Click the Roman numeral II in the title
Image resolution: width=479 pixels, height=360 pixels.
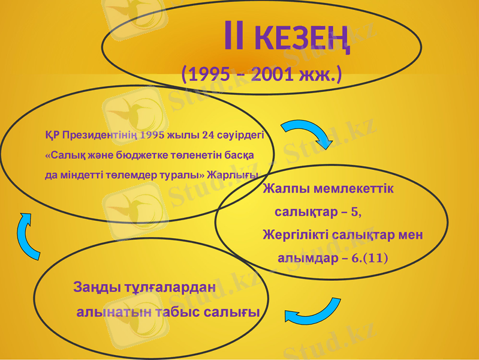(x=234, y=37)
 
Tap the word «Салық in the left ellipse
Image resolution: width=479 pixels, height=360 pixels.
(x=65, y=154)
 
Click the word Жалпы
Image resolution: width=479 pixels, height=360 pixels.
(x=286, y=189)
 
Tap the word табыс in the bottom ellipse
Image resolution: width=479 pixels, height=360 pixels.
(x=177, y=312)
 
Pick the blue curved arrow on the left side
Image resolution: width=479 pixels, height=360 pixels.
(x=28, y=236)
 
